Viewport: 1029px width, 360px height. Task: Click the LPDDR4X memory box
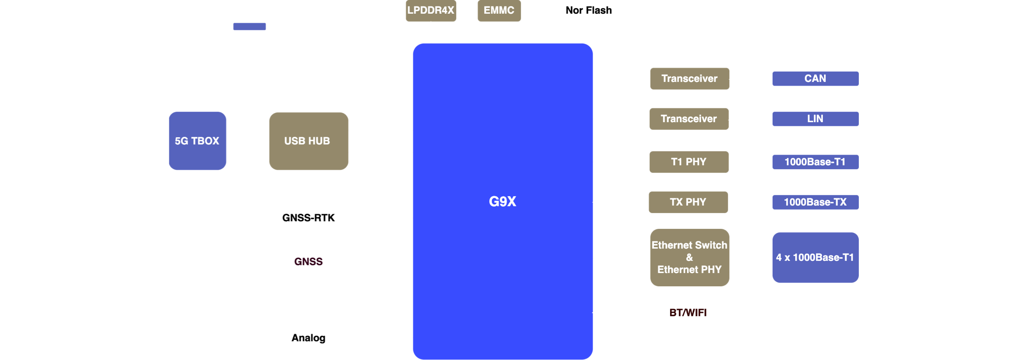431,11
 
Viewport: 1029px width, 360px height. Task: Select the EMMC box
499,11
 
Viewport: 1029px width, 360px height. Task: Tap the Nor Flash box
589,11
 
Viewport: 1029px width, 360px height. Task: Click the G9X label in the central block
502,201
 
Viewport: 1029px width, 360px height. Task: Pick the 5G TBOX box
197,141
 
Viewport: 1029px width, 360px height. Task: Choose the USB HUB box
308,141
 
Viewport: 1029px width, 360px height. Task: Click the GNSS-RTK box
308,218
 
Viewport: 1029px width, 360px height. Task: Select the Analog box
308,338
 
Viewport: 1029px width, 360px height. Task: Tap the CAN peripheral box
815,78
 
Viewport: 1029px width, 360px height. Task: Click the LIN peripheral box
815,119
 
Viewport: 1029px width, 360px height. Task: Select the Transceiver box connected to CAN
689,78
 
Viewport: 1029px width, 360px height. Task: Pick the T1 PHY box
689,162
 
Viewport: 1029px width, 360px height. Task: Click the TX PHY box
688,202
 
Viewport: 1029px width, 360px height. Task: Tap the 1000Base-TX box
815,202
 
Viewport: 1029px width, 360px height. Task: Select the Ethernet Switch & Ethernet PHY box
689,257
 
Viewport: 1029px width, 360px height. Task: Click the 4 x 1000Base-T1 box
815,257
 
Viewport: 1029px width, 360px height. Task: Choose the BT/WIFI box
688,312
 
